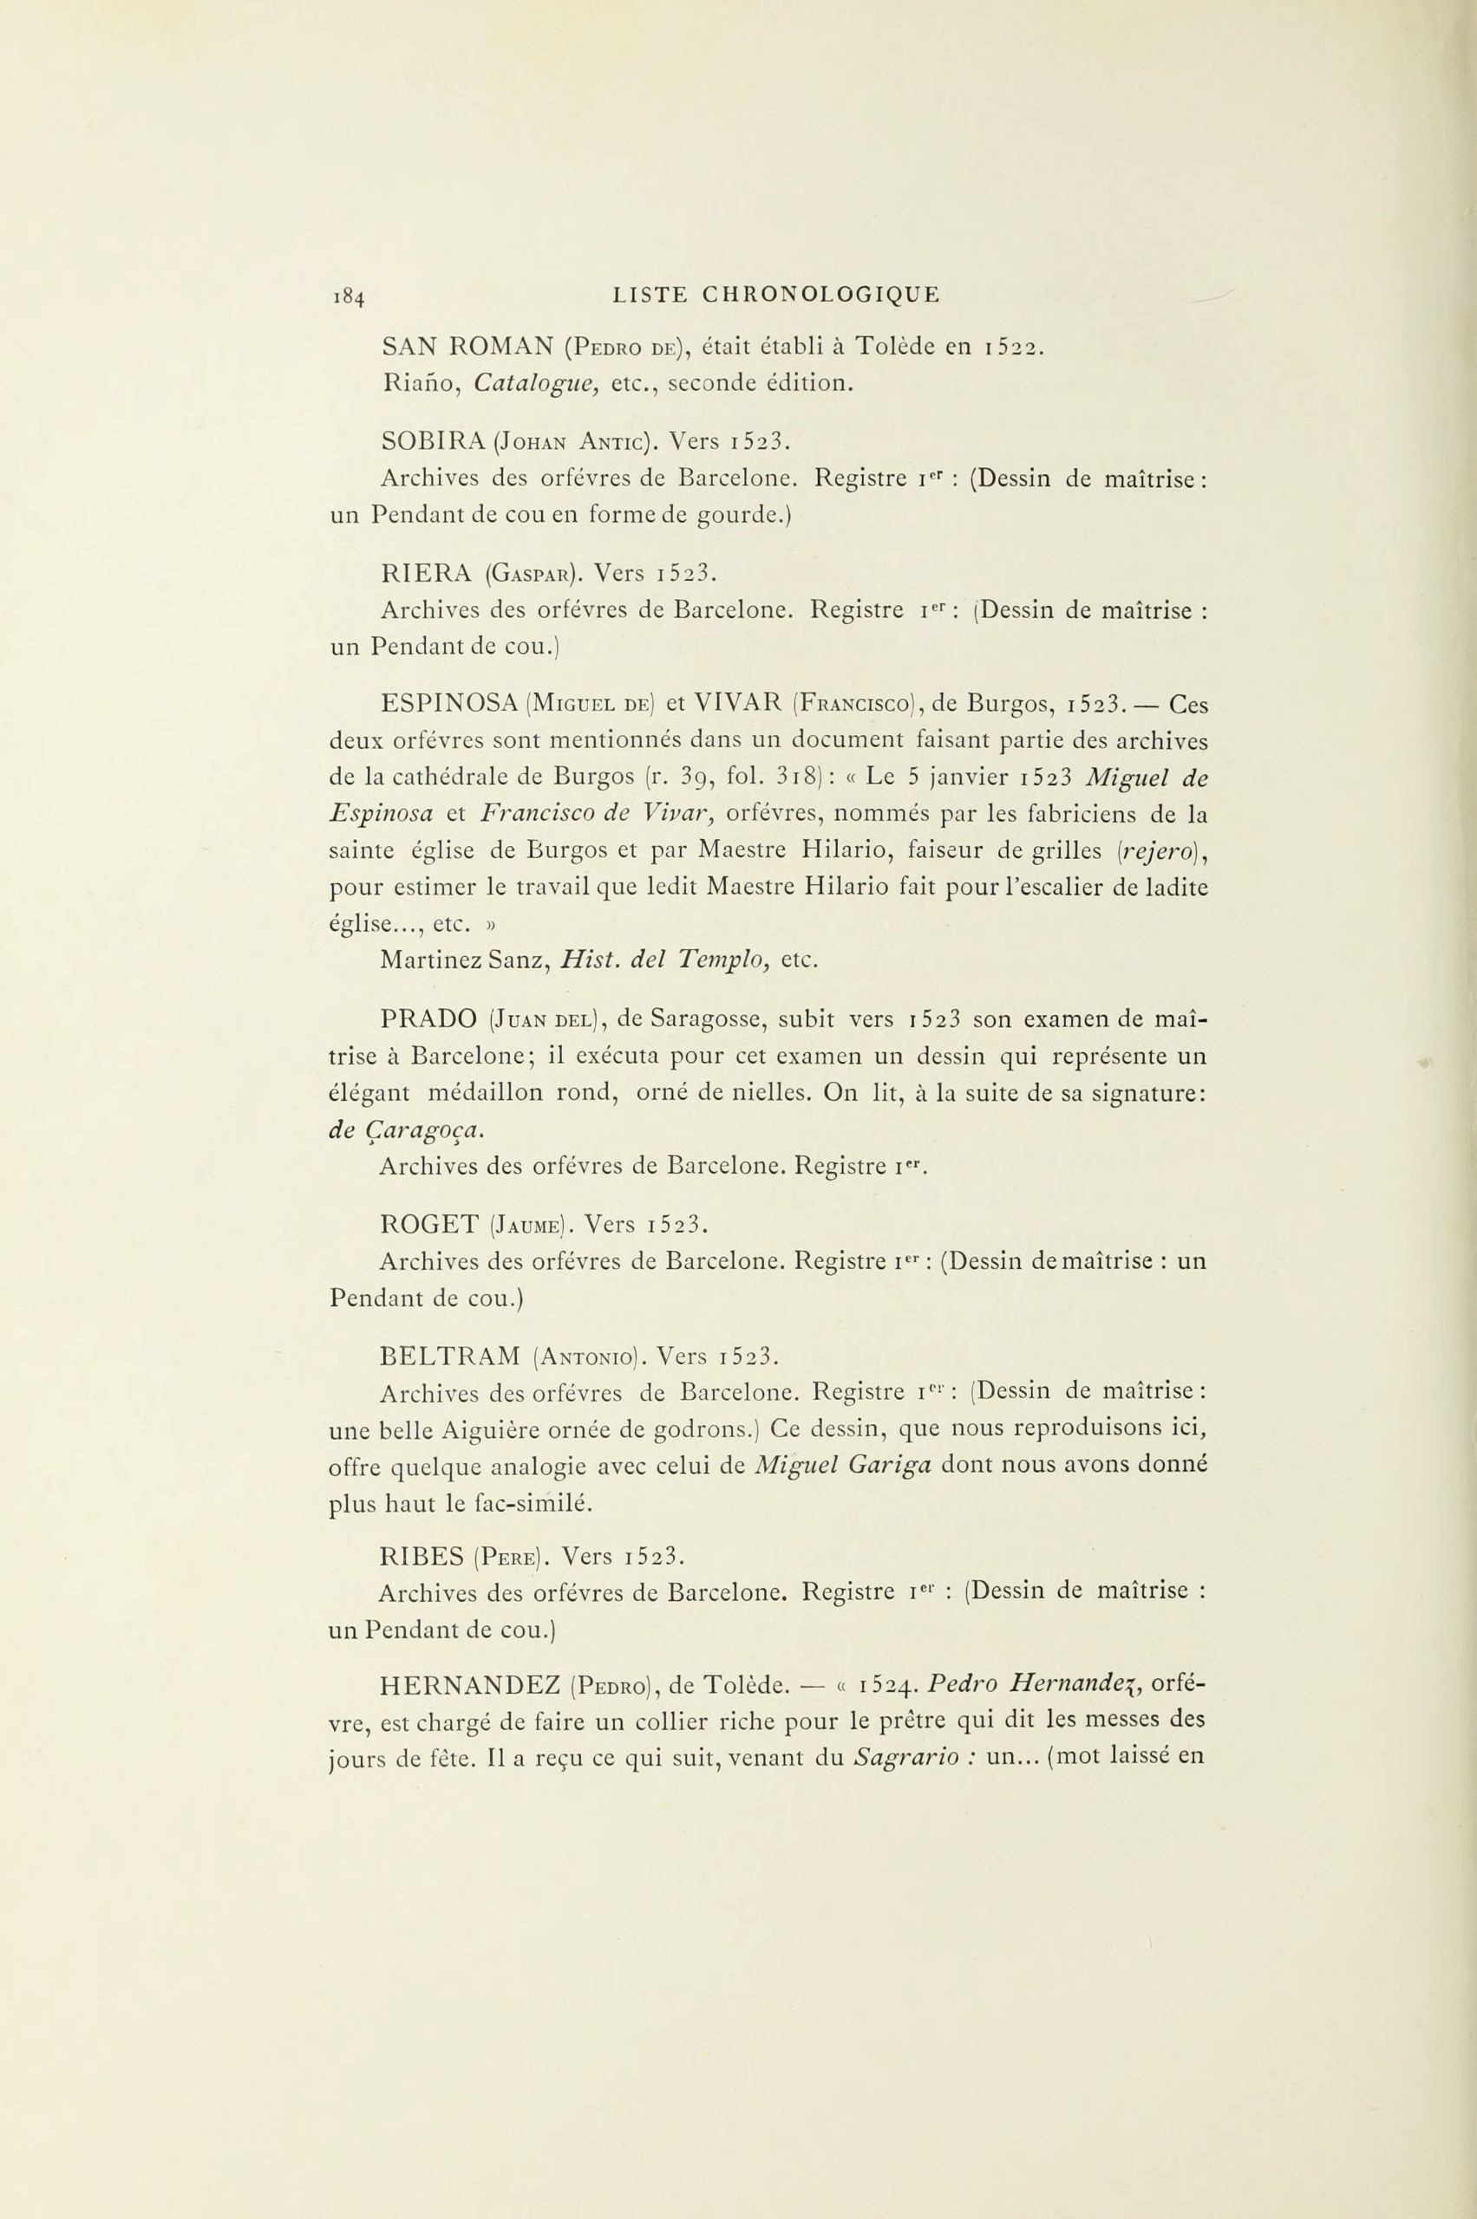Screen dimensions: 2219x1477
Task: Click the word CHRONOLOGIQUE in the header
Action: coord(820,295)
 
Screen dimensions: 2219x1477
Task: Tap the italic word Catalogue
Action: coord(535,384)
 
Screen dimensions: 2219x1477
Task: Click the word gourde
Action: coord(739,516)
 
